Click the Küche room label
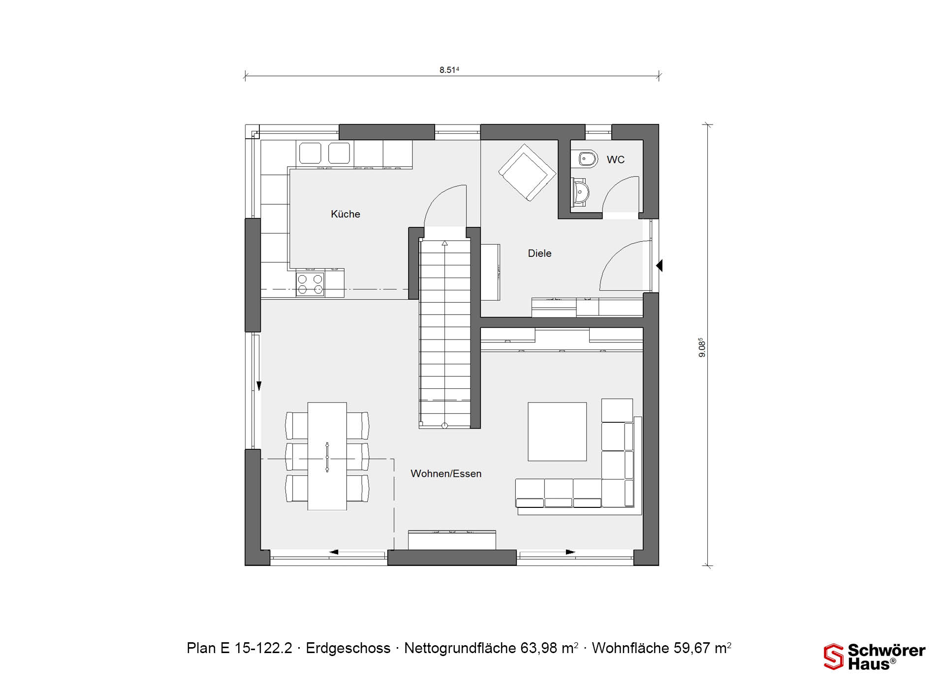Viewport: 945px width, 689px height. click(346, 214)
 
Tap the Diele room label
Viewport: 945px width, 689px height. click(539, 253)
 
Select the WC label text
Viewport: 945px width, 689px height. click(615, 159)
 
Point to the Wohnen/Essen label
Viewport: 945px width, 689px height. click(446, 473)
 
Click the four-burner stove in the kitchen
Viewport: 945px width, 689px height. click(310, 285)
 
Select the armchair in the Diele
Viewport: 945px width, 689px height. click(527, 172)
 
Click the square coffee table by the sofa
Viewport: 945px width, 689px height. click(557, 432)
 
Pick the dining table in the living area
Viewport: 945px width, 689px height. click(327, 456)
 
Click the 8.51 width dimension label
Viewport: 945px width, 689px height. click(449, 70)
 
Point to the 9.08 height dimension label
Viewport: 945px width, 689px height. click(702, 347)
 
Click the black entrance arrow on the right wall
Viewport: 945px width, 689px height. click(660, 266)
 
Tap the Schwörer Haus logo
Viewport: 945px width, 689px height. click(875, 657)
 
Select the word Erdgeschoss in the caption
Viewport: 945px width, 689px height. click(348, 648)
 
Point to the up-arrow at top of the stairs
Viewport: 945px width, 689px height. click(445, 243)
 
